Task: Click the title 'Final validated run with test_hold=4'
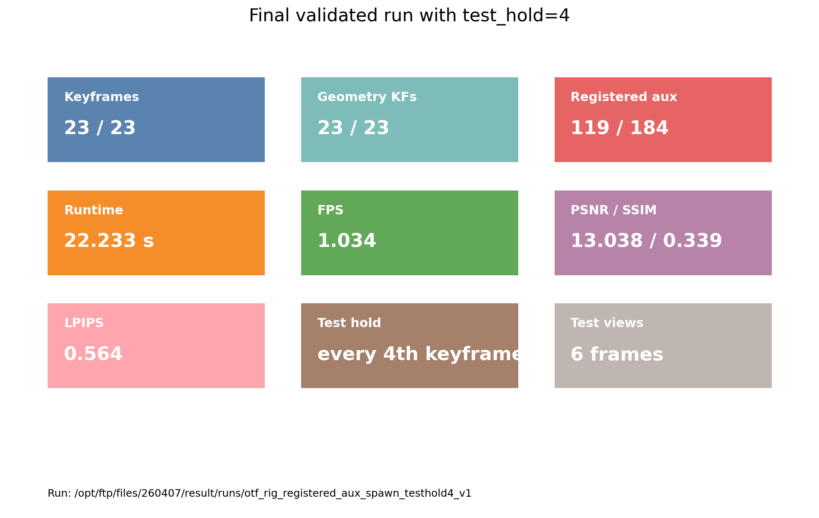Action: [x=409, y=16]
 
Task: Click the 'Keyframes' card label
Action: [x=101, y=97]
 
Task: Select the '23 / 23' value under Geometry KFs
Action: [x=353, y=128]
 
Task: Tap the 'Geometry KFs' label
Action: [x=367, y=97]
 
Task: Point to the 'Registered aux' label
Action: [x=624, y=97]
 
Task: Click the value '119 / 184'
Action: [x=619, y=128]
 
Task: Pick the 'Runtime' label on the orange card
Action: [x=94, y=210]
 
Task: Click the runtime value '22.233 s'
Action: [x=109, y=241]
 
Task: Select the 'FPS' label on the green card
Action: [x=330, y=210]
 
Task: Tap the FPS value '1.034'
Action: [x=347, y=241]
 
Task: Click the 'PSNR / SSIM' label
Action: [x=614, y=210]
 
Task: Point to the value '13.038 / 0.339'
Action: [x=646, y=241]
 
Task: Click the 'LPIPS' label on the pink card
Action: [x=84, y=323]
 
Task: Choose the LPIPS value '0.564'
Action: [x=93, y=354]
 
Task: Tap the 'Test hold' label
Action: [x=349, y=323]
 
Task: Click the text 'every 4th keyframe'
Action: [x=418, y=354]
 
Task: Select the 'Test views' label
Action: [x=607, y=323]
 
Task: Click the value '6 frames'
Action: [x=617, y=354]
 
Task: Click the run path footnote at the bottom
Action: [x=259, y=493]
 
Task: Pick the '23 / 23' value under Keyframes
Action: [x=100, y=128]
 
